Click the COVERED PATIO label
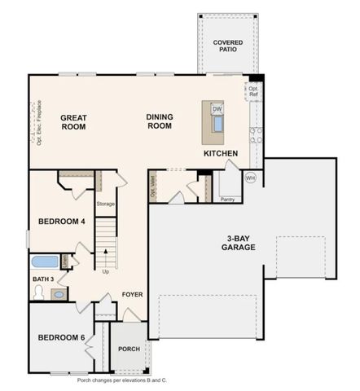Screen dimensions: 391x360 pyautogui.click(x=227, y=46)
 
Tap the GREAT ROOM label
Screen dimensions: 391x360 pyautogui.click(x=74, y=122)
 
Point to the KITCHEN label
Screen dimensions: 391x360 pyautogui.click(x=221, y=153)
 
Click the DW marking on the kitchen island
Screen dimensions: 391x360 pyautogui.click(x=217, y=108)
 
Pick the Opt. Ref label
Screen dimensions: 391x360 pyautogui.click(x=253, y=90)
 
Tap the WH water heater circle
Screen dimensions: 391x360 pyautogui.click(x=251, y=178)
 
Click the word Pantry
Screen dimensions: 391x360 pyautogui.click(x=227, y=198)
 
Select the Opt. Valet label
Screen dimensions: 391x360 pyautogui.click(x=153, y=187)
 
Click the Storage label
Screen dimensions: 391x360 pyautogui.click(x=106, y=204)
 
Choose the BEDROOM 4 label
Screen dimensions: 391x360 pyautogui.click(x=61, y=222)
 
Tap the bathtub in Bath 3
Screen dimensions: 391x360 pyautogui.click(x=45, y=261)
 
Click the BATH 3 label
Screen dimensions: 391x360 pyautogui.click(x=43, y=279)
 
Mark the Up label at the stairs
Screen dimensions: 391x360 pyautogui.click(x=106, y=272)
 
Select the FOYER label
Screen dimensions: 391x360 pyautogui.click(x=133, y=294)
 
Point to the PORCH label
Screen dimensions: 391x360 pyautogui.click(x=129, y=349)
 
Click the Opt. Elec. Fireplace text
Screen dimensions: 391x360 pyautogui.click(x=38, y=122)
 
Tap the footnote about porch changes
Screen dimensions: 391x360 pyautogui.click(x=122, y=380)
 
